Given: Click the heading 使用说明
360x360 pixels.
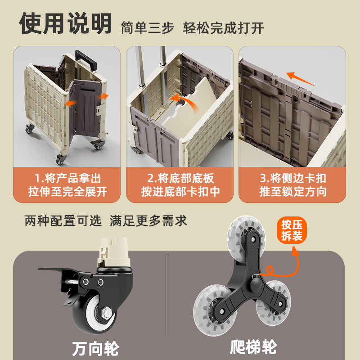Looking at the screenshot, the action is pos(65,23).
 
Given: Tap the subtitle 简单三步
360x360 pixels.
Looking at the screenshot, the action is pos(148,28).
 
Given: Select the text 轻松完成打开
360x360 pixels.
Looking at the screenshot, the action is pos(223,28).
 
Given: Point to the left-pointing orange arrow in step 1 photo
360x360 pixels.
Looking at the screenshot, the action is pos(71,103).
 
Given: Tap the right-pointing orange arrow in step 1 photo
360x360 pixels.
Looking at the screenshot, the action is pos(103,96).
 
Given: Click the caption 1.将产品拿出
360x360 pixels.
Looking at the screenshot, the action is pos(67,178).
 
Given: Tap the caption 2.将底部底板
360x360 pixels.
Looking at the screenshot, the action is pos(180,178).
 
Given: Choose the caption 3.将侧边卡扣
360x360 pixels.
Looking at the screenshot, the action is pos(293,178).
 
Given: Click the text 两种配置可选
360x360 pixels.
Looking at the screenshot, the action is pos(63,221).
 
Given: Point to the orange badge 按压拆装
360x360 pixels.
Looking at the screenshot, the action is pos(292,230).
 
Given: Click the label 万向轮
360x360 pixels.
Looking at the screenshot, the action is pos(95,349).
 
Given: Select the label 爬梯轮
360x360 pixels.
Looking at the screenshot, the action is pos(253,347).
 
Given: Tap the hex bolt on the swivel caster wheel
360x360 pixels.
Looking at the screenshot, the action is pos(106,313).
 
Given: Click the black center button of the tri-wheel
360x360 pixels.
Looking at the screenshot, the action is pos(256,284).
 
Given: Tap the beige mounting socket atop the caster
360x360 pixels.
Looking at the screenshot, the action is pos(114,252).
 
